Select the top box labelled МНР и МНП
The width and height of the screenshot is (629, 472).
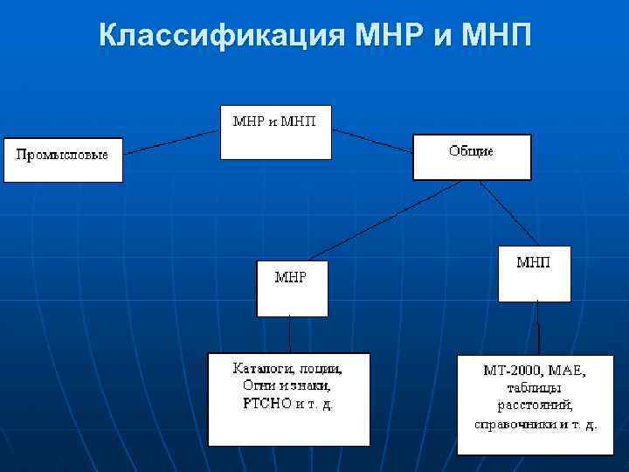click(275, 131)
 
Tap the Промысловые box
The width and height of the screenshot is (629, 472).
click(63, 158)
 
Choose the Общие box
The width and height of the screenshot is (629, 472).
click(472, 156)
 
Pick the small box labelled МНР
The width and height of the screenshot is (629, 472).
click(292, 288)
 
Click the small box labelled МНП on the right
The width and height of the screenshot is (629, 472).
click(534, 273)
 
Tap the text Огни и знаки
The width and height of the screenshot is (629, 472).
click(287, 385)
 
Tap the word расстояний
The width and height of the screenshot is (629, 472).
click(536, 406)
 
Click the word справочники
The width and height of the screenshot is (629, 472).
click(510, 425)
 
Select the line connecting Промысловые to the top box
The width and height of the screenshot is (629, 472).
click(171, 143)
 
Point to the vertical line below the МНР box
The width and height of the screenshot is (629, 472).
click(290, 334)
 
